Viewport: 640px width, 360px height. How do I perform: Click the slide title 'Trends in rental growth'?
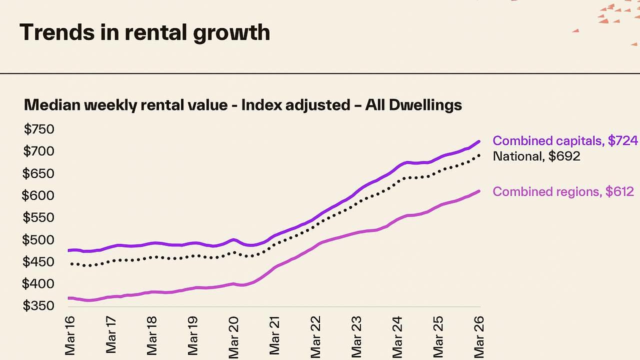[x=144, y=32]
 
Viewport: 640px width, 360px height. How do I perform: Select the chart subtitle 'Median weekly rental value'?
[x=125, y=105]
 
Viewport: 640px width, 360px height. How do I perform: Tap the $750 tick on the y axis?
[x=39, y=129]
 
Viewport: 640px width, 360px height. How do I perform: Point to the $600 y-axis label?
[x=38, y=195]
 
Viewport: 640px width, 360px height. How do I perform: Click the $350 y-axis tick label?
[x=38, y=305]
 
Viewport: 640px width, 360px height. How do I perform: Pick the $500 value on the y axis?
[x=38, y=239]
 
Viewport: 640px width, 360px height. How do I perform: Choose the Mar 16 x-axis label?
[x=69, y=335]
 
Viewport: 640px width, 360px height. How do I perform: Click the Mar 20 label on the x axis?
[x=233, y=337]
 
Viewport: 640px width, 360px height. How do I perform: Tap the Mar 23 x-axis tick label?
[x=356, y=337]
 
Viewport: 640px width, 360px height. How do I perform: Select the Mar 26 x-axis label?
[x=479, y=337]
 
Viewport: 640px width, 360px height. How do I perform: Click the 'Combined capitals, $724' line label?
[x=565, y=141]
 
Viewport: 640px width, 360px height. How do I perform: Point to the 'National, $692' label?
[x=536, y=156]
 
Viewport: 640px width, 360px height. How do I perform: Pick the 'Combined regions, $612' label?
[x=563, y=191]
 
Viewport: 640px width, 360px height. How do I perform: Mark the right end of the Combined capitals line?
[x=479, y=141]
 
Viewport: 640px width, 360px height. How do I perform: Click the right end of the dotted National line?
[x=479, y=155]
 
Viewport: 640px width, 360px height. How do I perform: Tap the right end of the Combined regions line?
[x=479, y=191]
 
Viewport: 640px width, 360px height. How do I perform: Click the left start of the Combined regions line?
[x=69, y=298]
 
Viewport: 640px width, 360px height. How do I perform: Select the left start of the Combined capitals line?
[x=69, y=250]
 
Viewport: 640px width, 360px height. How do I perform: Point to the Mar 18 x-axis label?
[x=151, y=335]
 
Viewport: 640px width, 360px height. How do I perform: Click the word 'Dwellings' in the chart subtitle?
[x=425, y=105]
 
